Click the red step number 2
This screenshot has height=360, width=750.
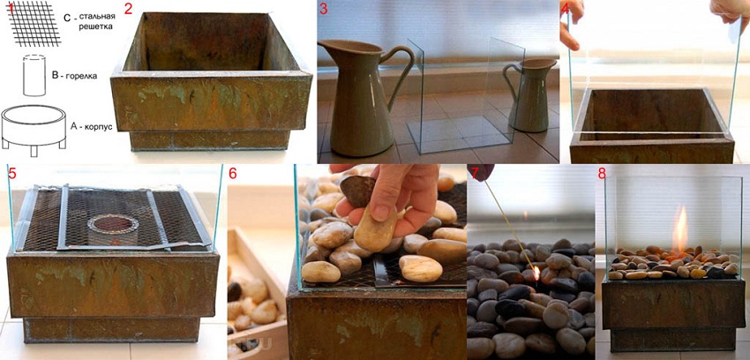[128, 9]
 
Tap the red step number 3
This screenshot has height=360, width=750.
[324, 9]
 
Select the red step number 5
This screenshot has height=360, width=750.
[12, 174]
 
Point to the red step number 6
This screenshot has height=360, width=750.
[232, 174]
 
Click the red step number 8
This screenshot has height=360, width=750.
[602, 174]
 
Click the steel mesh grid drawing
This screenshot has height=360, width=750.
[34, 24]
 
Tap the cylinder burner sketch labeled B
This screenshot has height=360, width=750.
[34, 76]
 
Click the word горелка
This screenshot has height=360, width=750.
[80, 76]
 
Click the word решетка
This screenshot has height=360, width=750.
[96, 26]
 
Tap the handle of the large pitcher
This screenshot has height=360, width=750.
[401, 71]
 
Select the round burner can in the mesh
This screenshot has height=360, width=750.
[112, 228]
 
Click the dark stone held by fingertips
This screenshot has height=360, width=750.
[357, 191]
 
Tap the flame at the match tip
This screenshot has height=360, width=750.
[536, 273]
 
